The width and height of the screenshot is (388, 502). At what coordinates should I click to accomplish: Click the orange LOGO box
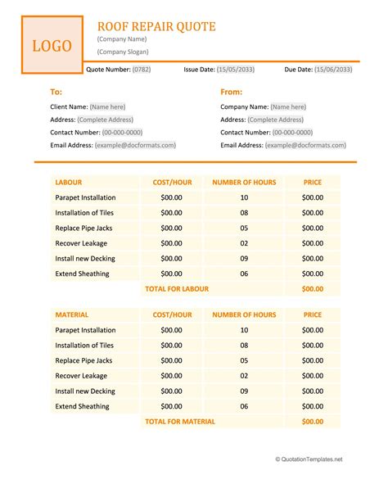(x=52, y=46)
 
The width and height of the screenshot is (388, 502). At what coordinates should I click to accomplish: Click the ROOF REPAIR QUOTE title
(x=156, y=26)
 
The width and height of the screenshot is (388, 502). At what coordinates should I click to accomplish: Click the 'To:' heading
(x=56, y=93)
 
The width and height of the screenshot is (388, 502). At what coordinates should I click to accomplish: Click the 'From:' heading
(x=231, y=93)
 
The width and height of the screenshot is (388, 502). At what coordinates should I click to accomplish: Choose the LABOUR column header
(x=70, y=183)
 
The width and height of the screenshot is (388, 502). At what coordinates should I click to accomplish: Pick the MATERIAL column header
(x=72, y=314)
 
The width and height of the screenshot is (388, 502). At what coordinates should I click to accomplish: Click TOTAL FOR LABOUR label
(x=177, y=289)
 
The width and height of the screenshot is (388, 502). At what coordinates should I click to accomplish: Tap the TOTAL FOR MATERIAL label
(x=179, y=422)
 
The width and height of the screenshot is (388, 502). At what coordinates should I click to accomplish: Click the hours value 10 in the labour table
(x=244, y=197)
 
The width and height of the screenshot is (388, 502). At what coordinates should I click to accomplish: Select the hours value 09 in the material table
(x=244, y=391)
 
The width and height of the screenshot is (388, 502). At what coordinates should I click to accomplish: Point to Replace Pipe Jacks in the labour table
(x=85, y=228)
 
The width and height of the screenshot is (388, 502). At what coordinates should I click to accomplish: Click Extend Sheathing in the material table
(x=82, y=406)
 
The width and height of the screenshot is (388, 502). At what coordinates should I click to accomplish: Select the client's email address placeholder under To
(x=135, y=145)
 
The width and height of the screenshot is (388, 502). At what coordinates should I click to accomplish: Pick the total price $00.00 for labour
(x=313, y=289)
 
